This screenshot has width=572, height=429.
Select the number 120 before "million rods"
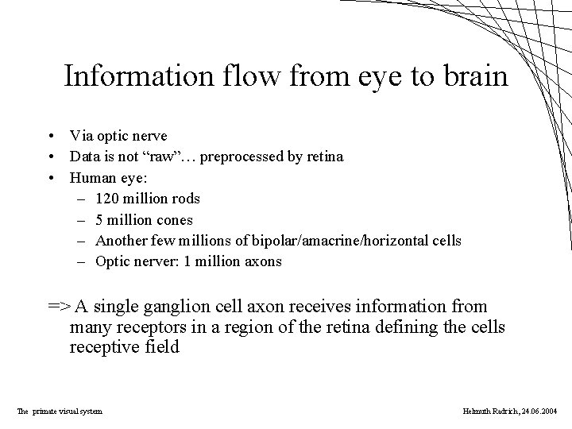click(108, 198)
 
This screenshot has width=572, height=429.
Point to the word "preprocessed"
click(241, 156)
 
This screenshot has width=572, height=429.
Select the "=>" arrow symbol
click(59, 307)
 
